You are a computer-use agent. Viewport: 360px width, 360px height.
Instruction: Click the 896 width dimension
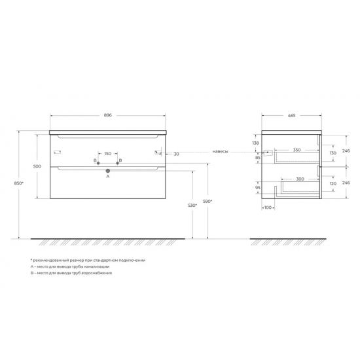tap(108, 115)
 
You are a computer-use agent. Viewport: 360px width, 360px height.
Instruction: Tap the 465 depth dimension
tap(291, 115)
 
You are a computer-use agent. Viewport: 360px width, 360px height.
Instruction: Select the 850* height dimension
tap(19, 183)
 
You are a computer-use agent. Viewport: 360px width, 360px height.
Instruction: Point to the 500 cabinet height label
tap(37, 166)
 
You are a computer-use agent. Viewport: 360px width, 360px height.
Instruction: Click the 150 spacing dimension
tap(108, 154)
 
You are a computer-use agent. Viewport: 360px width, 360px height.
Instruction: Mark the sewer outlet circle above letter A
tap(108, 171)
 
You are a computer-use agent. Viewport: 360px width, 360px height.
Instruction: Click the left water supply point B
tap(98, 163)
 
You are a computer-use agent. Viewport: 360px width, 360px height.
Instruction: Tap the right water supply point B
tap(118, 163)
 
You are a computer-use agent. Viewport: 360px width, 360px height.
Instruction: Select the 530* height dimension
tap(192, 206)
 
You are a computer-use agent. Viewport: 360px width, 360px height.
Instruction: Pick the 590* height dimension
tap(207, 202)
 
